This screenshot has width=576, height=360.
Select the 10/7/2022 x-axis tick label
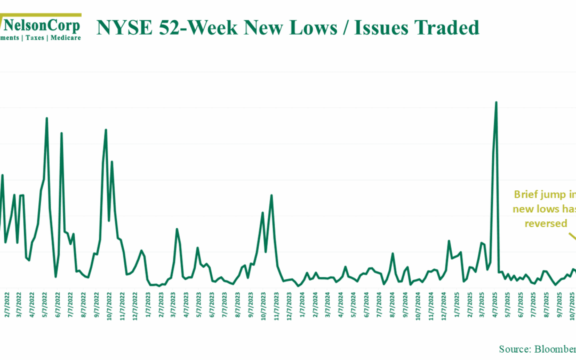pos(109,304)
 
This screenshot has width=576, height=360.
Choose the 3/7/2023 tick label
pos(174,303)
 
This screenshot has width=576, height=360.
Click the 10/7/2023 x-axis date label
pos(264,304)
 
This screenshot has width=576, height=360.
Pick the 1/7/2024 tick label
pos(302,303)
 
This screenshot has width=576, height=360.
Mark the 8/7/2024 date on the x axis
pos(393,303)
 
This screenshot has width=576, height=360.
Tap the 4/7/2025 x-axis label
pos(496,303)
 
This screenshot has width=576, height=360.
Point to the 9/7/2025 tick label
pos(561,303)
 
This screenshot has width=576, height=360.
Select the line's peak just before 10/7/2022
pos(106,130)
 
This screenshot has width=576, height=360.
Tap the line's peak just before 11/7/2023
pos(271,195)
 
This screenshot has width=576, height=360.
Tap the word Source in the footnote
pos(514,349)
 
